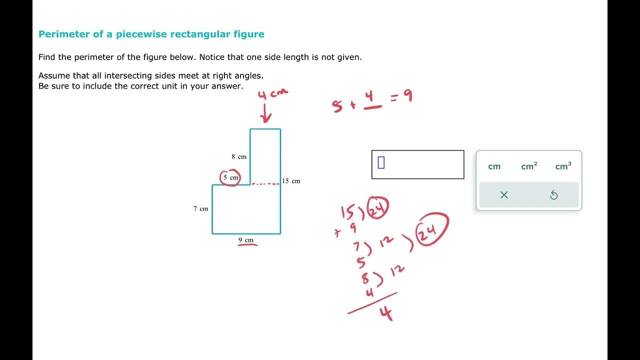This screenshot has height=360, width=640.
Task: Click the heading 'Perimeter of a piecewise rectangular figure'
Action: click(x=151, y=34)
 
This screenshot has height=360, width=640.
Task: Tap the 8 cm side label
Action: click(x=239, y=156)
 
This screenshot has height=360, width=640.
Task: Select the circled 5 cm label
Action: click(x=230, y=177)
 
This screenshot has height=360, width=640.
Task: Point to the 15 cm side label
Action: click(x=291, y=181)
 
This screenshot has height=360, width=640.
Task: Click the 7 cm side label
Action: click(x=200, y=208)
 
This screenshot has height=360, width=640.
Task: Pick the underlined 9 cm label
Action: click(x=246, y=240)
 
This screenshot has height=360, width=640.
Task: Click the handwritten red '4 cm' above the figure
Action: click(x=272, y=94)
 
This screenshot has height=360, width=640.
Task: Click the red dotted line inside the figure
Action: click(x=265, y=184)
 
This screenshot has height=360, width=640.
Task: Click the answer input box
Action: click(x=417, y=164)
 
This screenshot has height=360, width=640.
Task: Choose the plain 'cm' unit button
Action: click(x=494, y=166)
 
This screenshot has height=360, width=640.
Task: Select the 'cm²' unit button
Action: click(x=529, y=166)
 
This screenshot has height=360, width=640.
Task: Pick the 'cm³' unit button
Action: click(x=563, y=166)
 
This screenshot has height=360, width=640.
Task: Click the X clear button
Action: click(x=504, y=195)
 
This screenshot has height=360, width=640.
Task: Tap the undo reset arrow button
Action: click(x=553, y=195)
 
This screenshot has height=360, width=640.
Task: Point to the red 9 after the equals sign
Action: click(x=408, y=96)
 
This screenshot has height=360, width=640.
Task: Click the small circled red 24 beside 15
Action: click(x=378, y=208)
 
